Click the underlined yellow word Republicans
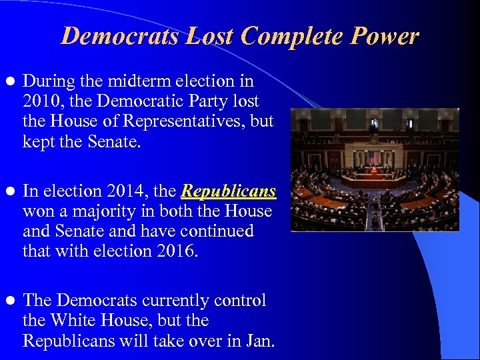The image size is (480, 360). click(228, 191)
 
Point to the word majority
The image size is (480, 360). click(91, 211)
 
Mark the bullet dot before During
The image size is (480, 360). click(9, 81)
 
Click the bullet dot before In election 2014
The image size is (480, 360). click(9, 192)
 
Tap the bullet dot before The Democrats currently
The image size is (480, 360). click(9, 301)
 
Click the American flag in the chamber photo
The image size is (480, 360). click(373, 158)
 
